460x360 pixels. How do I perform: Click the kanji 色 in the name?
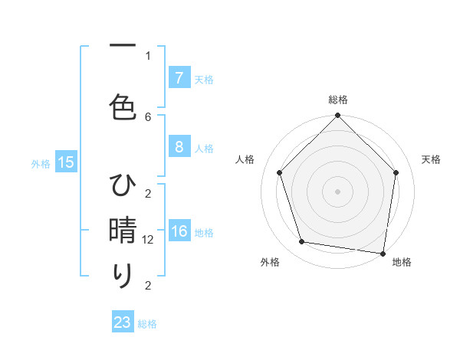pos(123,106)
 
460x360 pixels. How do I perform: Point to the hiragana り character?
pos(123,276)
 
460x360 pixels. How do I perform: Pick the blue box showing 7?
pos(179,78)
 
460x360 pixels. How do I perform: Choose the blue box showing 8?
pos(179,148)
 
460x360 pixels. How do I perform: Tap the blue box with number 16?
pos(179,232)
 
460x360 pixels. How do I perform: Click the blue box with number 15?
pos(65,162)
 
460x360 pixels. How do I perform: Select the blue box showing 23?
pos(123,322)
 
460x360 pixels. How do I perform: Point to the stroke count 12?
pos(149,240)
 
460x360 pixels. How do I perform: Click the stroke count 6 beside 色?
pos(148,116)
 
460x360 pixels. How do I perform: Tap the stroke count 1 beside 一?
pos(148,55)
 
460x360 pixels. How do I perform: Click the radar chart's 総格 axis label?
pos(337,100)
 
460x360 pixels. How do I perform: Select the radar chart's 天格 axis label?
pos(431,159)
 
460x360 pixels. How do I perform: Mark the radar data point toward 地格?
pos(383,253)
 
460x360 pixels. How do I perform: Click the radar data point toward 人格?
pos(280,172)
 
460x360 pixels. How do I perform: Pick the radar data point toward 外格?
pos(302,242)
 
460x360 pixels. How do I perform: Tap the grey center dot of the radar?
pos(337,191)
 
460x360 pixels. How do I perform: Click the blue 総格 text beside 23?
pos(147,324)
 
